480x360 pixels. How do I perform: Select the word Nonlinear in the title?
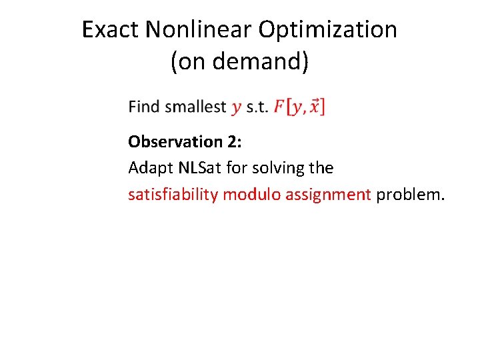click(x=200, y=29)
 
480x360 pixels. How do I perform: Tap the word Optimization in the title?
click(x=328, y=29)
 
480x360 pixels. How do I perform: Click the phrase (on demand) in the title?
click(x=239, y=61)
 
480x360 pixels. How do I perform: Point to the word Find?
click(x=145, y=107)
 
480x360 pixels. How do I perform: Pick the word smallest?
click(x=195, y=107)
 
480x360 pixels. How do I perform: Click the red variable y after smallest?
click(x=237, y=108)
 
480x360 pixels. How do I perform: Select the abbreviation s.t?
click(x=257, y=107)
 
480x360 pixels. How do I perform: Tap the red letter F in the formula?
click(x=279, y=107)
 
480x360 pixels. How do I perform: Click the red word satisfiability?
click(x=173, y=195)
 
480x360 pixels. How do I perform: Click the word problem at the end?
click(x=409, y=195)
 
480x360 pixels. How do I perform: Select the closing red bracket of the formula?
click(x=323, y=107)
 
